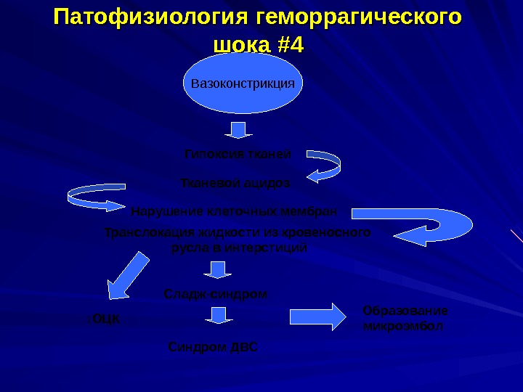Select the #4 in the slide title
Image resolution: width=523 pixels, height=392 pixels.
tap(291, 45)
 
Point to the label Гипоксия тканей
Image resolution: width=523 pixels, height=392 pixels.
tap(238, 155)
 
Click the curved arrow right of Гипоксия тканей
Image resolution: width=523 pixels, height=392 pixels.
tap(324, 166)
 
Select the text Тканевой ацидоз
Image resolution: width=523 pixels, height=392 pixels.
tap(235, 183)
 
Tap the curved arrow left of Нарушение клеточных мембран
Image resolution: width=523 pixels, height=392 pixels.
tap(97, 198)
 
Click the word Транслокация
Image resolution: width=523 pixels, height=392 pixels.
tap(146, 233)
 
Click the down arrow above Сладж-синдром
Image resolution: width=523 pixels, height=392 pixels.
tap(216, 269)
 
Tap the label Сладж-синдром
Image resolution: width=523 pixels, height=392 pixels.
tap(216, 295)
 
